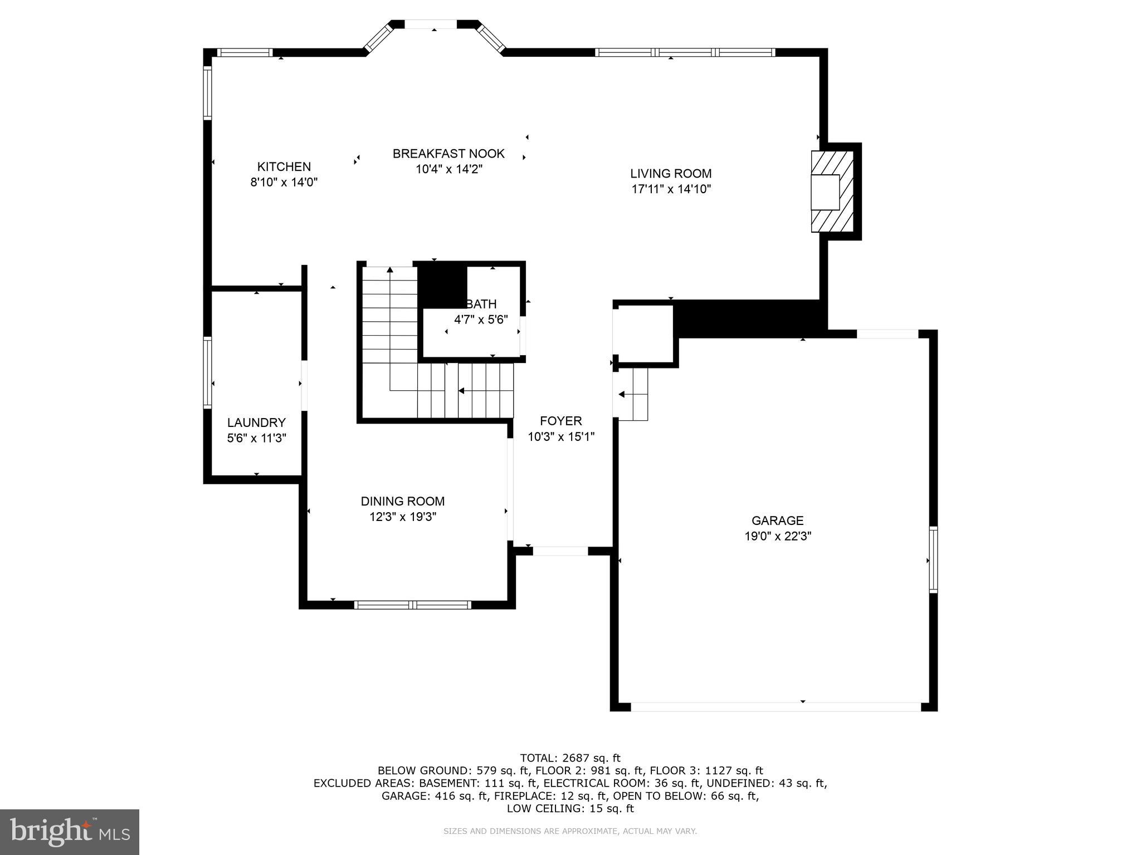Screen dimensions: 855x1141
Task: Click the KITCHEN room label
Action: point(284,166)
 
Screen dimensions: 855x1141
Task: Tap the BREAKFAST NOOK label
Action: point(448,154)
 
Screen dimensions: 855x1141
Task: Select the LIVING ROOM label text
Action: point(671,174)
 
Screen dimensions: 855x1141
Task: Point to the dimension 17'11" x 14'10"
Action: point(671,189)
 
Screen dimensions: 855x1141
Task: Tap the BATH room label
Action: point(481,304)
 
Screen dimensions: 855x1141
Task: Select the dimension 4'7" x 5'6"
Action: point(481,320)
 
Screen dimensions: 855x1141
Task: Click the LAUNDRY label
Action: point(256,422)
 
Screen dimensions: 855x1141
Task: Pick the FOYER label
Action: point(560,421)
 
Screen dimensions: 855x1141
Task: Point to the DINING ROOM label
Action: point(402,502)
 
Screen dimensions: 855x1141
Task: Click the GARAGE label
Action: point(777,521)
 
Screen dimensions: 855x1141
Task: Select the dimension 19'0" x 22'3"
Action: point(777,537)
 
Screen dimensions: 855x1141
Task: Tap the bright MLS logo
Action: point(70,832)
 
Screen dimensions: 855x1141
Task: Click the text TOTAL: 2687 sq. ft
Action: point(570,758)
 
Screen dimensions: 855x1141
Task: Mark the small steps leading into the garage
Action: point(632,394)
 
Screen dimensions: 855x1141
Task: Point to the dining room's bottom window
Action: point(412,605)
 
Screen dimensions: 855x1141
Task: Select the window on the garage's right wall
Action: point(933,559)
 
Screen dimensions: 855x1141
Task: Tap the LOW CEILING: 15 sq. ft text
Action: point(570,808)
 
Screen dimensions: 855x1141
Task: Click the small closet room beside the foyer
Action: point(645,333)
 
